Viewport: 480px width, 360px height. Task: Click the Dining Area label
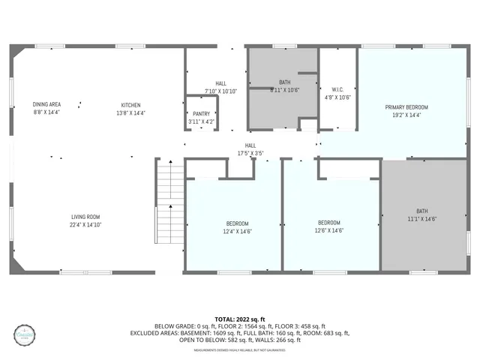click(x=46, y=104)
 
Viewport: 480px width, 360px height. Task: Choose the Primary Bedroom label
click(x=406, y=107)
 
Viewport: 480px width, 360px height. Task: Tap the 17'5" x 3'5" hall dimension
click(x=250, y=153)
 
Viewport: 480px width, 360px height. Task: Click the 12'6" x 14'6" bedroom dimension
click(x=329, y=231)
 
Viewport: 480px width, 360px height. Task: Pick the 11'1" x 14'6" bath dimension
click(x=424, y=218)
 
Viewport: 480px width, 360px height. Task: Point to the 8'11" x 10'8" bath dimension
click(x=284, y=90)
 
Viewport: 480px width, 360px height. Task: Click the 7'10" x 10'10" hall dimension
click(x=221, y=91)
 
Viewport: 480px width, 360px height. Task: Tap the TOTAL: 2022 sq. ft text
click(x=250, y=319)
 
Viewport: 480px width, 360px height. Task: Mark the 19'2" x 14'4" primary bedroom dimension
click(x=406, y=115)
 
